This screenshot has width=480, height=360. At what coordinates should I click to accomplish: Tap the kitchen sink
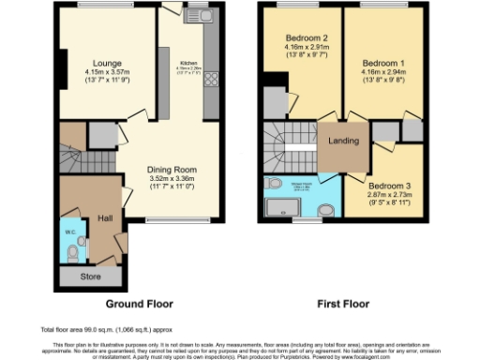click(x=200, y=17)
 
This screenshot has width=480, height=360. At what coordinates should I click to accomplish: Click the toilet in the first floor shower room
click(x=273, y=183)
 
